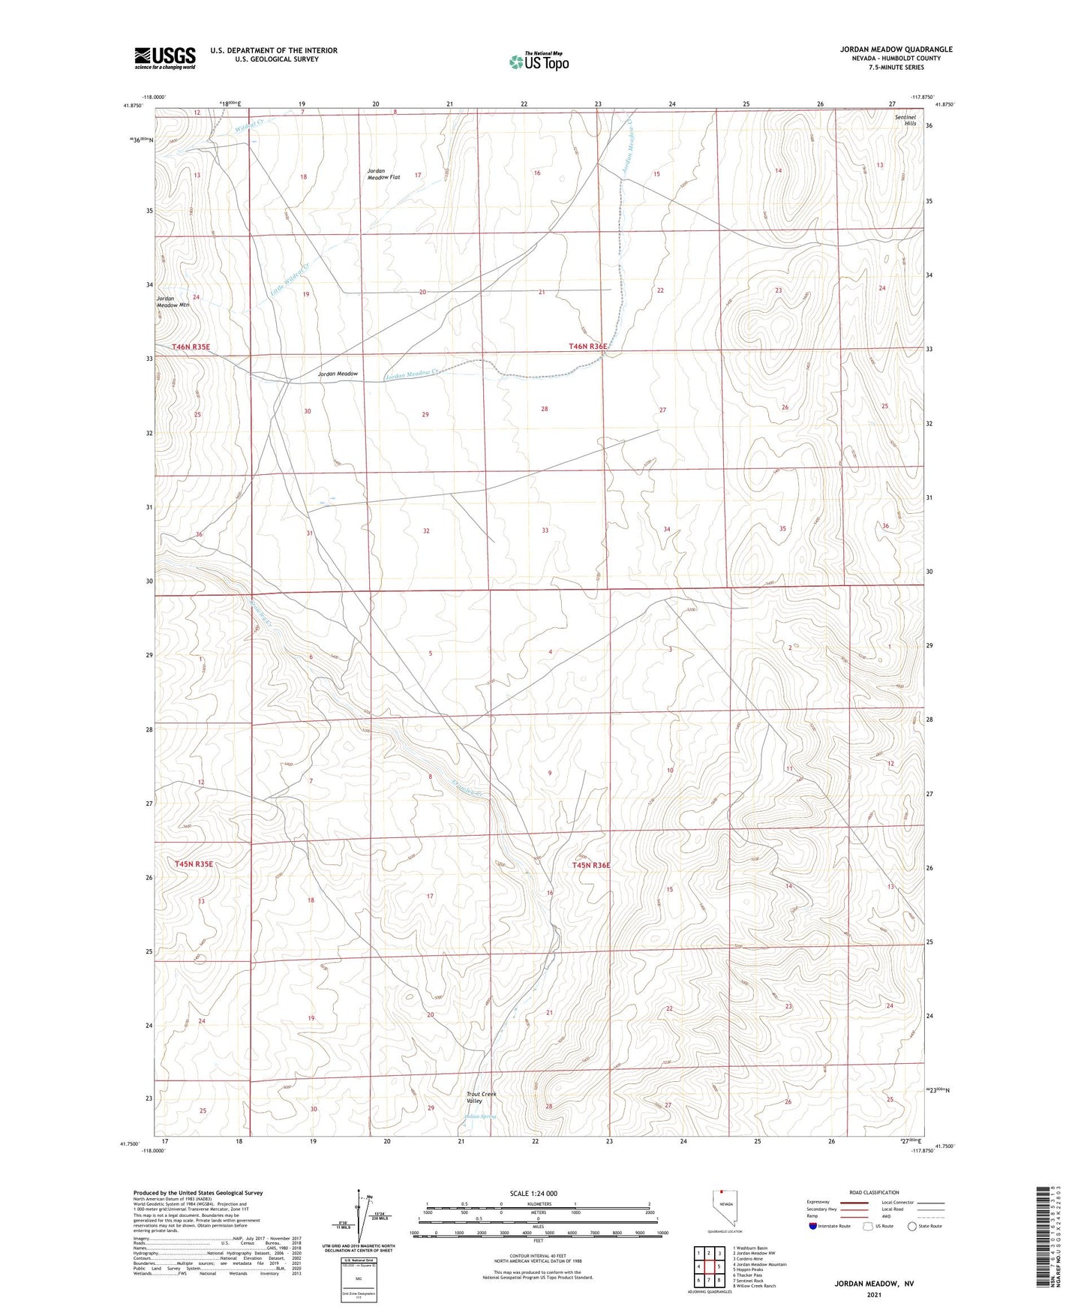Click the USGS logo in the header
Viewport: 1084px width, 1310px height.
(165, 57)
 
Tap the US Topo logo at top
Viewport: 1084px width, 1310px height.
(539, 62)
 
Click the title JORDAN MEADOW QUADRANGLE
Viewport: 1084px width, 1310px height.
(896, 50)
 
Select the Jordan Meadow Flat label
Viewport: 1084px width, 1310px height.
(383, 174)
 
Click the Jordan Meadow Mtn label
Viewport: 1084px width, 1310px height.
(173, 302)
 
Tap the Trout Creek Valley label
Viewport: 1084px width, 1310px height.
(481, 1097)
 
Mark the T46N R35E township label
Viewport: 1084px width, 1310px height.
(191, 347)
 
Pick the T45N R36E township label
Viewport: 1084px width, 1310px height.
(591, 865)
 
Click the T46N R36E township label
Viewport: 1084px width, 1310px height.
(588, 346)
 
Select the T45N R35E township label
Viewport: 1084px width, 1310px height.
(194, 864)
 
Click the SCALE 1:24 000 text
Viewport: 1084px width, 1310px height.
(533, 1193)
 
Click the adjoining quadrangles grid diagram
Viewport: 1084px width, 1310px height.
(708, 1268)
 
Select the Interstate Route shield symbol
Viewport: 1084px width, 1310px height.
(815, 1226)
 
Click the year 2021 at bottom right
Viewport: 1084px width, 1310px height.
(874, 1293)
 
